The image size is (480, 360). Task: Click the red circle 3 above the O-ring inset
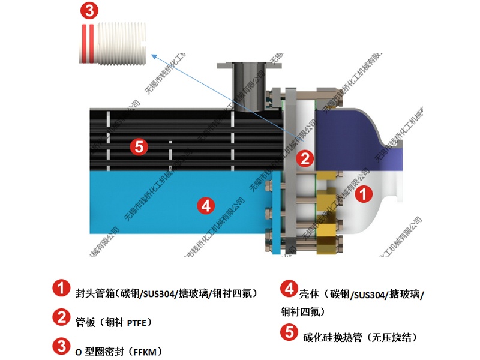[89, 10]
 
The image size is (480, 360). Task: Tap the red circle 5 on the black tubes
[139, 146]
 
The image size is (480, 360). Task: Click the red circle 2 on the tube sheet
[305, 158]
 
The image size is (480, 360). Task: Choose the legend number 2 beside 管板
[60, 317]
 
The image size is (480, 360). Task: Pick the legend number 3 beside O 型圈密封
[60, 346]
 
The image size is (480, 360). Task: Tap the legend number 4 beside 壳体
[289, 289]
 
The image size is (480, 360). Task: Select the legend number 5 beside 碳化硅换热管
[289, 332]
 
